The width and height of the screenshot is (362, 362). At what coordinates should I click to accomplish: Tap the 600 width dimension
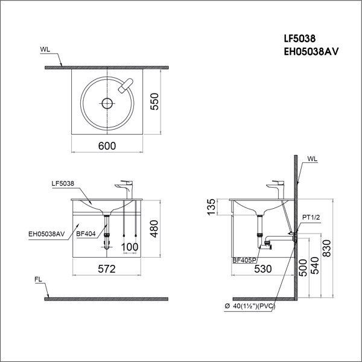coord(107,146)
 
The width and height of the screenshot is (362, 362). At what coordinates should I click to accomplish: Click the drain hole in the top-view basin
coord(107,103)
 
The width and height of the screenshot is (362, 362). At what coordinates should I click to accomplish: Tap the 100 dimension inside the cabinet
coord(129,247)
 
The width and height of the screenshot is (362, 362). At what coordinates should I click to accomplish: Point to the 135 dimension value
coord(211,206)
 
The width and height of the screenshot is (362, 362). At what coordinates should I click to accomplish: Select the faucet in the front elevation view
coord(125,188)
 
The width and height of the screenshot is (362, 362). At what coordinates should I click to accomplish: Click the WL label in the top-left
coord(46,48)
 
